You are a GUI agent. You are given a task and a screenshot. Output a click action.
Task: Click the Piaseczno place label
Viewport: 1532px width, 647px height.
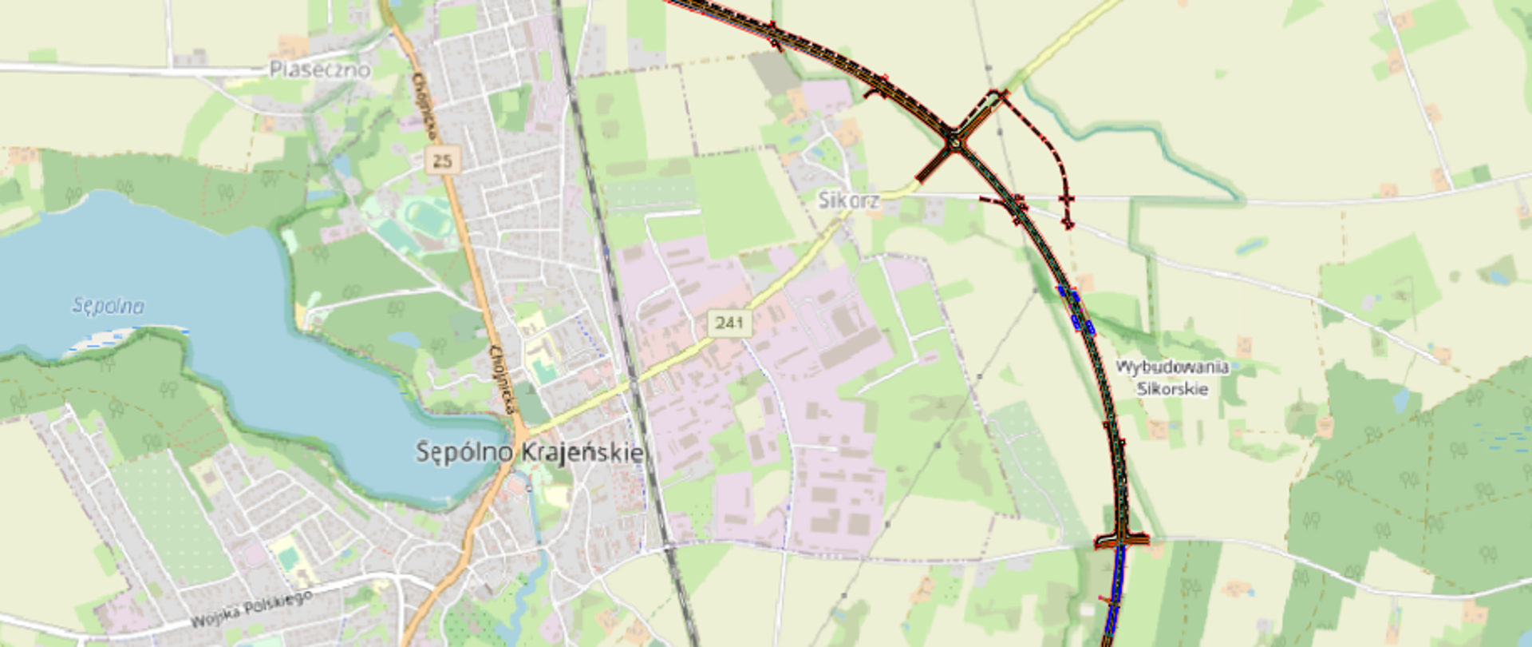pos(319,69)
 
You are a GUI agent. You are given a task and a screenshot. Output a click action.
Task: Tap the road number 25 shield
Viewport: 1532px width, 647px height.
pos(442,161)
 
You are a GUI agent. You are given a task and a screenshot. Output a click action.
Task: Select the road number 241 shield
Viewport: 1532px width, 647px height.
pos(728,323)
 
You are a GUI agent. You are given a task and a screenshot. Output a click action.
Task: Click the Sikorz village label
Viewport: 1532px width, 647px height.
pos(848,200)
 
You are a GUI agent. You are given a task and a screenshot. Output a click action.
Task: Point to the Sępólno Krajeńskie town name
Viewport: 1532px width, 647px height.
pos(530,452)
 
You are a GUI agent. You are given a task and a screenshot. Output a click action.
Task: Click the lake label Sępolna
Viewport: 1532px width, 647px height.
pos(109,306)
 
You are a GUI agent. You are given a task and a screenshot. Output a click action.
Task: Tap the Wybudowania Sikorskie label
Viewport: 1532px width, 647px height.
pos(1171,378)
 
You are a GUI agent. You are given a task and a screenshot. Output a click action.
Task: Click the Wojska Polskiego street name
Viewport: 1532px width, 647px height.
pos(251,609)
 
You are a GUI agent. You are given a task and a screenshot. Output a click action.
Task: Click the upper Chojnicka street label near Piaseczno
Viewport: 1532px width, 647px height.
pos(424,105)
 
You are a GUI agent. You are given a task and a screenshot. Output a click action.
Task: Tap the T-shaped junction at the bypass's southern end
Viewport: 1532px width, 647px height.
pos(1121,541)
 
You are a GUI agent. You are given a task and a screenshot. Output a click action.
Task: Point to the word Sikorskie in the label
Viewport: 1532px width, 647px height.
pos(1171,389)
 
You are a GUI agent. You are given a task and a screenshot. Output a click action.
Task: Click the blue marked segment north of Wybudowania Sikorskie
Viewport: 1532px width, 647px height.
pos(1076,309)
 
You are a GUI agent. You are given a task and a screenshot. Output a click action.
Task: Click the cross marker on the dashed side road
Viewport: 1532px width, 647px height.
pos(1066,199)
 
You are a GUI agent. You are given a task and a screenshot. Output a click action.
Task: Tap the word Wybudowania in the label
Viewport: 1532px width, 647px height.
pos(1171,367)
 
